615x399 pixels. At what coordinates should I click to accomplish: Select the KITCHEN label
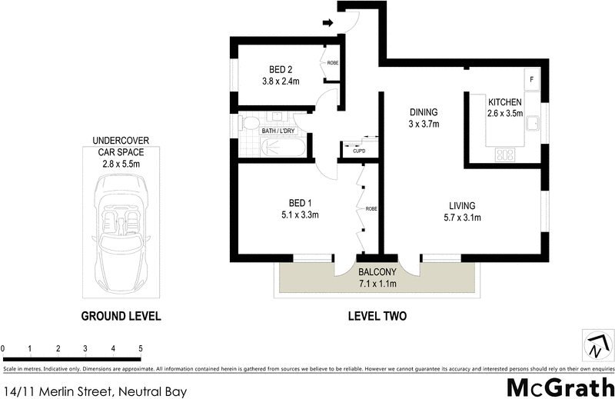[x=504, y=102]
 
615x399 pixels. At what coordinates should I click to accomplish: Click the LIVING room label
[x=462, y=205]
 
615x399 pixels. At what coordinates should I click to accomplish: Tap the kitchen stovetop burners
[x=505, y=155]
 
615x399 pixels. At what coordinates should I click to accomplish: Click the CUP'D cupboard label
[x=359, y=151]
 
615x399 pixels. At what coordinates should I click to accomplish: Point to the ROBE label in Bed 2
[x=333, y=63]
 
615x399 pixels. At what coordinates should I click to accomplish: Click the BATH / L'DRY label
[x=279, y=131]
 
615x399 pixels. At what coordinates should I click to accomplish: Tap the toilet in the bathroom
[x=249, y=123]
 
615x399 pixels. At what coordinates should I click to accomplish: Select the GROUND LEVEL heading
[x=121, y=316]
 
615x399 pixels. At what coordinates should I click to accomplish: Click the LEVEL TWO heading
[x=377, y=316]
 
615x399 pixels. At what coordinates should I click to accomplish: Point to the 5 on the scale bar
[x=141, y=349]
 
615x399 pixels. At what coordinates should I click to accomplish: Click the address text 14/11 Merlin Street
[x=95, y=391]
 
